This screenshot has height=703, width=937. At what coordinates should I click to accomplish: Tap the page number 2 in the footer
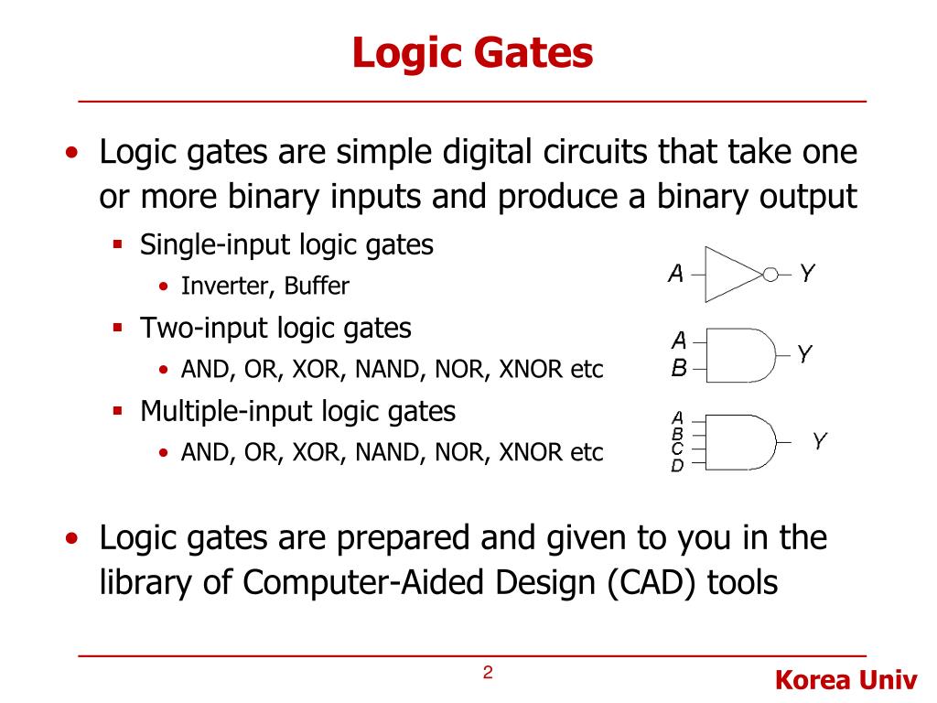coord(488,674)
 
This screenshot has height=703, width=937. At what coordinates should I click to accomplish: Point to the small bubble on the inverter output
coord(770,274)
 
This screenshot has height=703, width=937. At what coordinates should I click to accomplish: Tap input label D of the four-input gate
coord(677,466)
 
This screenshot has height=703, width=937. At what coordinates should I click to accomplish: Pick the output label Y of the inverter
coord(807,273)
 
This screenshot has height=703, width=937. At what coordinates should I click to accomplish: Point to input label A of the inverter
coord(676,274)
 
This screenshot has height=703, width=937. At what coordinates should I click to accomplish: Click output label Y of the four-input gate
coord(820,442)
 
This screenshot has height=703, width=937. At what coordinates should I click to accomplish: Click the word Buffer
coord(317,287)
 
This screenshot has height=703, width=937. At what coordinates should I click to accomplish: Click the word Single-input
coord(216,245)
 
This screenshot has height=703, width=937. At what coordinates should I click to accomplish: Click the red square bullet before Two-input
coord(118,328)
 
